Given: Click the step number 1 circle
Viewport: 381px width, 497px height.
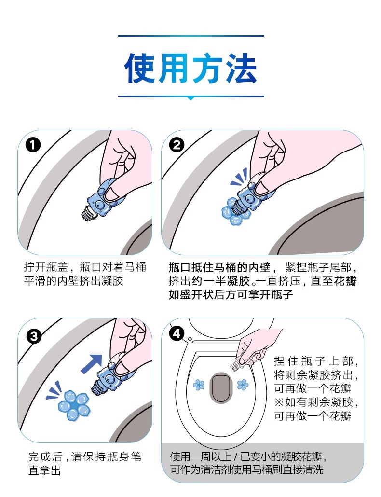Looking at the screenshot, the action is point(33,145).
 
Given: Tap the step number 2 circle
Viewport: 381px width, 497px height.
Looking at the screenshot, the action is point(177,145).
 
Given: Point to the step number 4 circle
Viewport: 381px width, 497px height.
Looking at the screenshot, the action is point(177,333).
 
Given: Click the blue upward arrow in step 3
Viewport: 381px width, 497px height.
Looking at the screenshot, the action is point(92,363).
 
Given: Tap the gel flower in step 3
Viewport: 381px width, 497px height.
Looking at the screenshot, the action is point(74,405).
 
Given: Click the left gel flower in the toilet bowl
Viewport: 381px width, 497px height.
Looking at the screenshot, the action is point(199,385).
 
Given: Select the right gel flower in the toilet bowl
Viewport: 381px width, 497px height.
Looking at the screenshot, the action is point(243,385).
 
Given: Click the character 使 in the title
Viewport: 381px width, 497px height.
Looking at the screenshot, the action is point(141,68).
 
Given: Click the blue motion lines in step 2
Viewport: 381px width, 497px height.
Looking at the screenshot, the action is point(239,178).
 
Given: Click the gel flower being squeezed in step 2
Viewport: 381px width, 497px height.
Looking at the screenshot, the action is point(233,211).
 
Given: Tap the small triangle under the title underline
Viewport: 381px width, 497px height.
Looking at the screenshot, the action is point(190,98).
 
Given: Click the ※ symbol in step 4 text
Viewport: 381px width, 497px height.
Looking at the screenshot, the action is point(279,402).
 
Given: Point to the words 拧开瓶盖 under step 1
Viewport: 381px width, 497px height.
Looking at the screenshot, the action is point(46,267).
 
